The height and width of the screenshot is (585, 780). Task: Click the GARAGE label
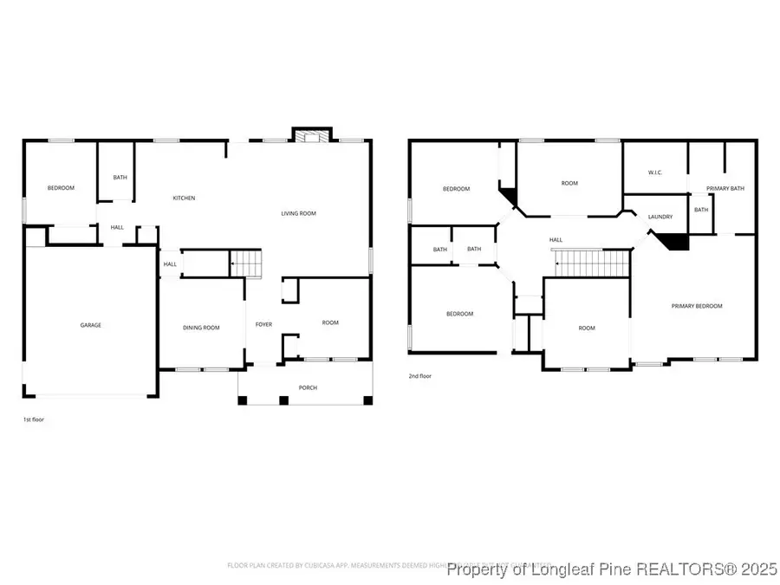point(91,325)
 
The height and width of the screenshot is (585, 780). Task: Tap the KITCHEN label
point(184,198)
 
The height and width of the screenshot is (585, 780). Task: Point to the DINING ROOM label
point(201,328)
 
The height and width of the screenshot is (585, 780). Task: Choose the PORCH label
point(308,387)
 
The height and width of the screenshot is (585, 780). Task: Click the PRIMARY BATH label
point(725,188)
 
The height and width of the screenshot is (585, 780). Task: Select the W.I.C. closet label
point(655,172)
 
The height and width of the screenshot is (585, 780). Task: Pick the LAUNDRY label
point(661,217)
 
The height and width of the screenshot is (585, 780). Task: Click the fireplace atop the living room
point(311,136)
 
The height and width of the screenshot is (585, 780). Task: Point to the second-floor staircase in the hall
point(590,263)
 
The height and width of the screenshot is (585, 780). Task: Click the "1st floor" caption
point(33,419)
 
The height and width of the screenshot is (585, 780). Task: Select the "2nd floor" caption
point(419,376)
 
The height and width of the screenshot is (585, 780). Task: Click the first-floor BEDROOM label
point(61,188)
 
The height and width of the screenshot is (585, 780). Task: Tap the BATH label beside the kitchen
point(120,178)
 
